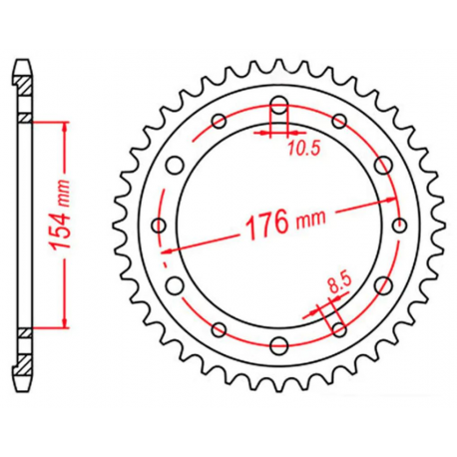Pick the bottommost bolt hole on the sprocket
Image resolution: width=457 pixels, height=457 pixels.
(x=278, y=347)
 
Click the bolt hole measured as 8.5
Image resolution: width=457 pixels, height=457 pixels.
(x=339, y=330)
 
